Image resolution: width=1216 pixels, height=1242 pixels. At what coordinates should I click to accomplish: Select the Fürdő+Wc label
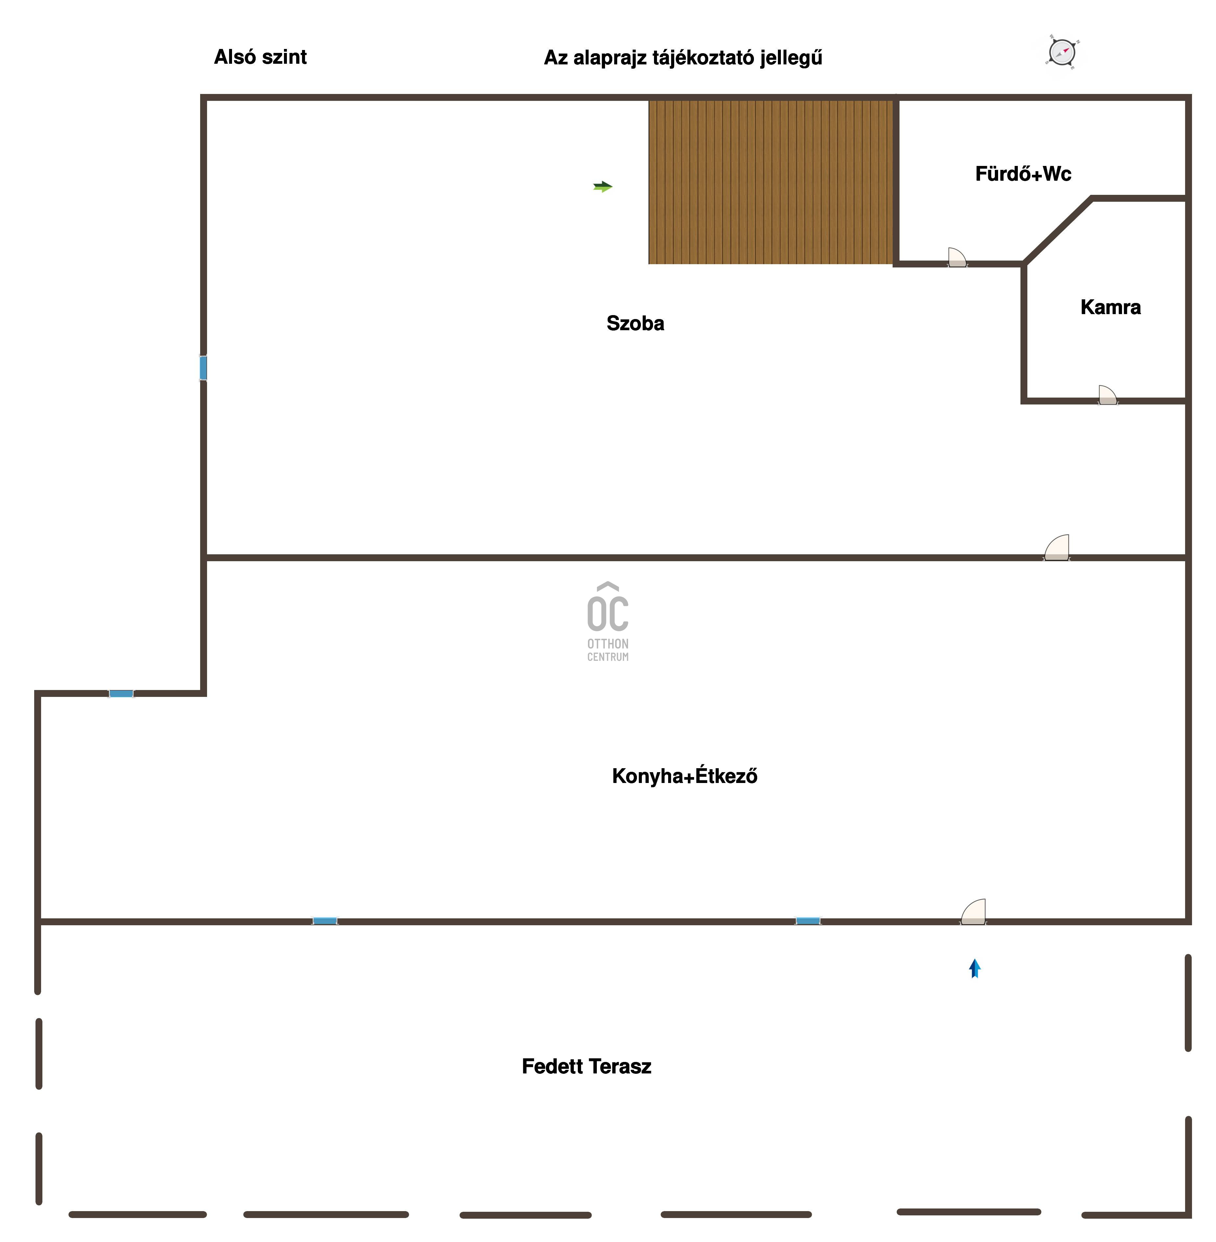click(1023, 174)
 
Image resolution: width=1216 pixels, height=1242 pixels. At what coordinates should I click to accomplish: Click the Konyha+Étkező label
click(685, 776)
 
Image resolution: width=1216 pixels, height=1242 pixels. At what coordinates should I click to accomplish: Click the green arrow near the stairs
click(603, 186)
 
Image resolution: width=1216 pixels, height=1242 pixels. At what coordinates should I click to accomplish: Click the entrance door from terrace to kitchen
click(973, 912)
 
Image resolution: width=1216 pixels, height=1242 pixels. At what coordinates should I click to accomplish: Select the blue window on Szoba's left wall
click(203, 368)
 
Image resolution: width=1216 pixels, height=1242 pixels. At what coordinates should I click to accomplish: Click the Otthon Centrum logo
click(608, 621)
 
